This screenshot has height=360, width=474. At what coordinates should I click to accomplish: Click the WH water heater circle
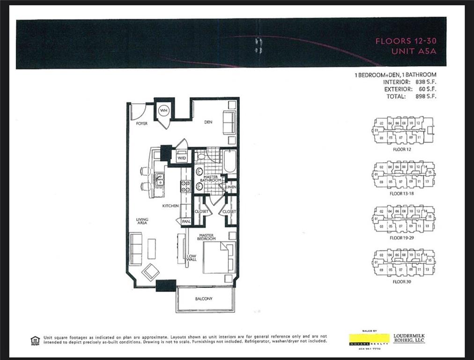pyautogui.click(x=163, y=111)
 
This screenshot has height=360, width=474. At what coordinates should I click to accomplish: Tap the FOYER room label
pyautogui.click(x=142, y=124)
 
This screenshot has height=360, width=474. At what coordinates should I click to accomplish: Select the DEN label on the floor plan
pyautogui.click(x=208, y=121)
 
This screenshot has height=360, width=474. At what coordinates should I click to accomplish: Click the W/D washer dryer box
pyautogui.click(x=181, y=157)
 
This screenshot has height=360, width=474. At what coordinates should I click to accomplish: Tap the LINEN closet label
pyautogui.click(x=231, y=187)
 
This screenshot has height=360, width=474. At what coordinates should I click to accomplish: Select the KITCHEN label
pyautogui.click(x=171, y=206)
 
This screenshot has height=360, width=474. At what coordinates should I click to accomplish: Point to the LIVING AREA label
pyautogui.click(x=142, y=221)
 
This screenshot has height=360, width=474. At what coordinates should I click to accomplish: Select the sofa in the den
pyautogui.click(x=229, y=123)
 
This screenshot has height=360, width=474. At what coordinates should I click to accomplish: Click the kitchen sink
pyautogui.click(x=160, y=179)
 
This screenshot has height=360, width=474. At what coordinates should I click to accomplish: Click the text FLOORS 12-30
pyautogui.click(x=406, y=41)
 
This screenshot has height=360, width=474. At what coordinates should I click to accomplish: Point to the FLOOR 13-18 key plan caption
pyautogui.click(x=402, y=193)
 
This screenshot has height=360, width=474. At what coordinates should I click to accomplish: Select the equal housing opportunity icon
pyautogui.click(x=35, y=340)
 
